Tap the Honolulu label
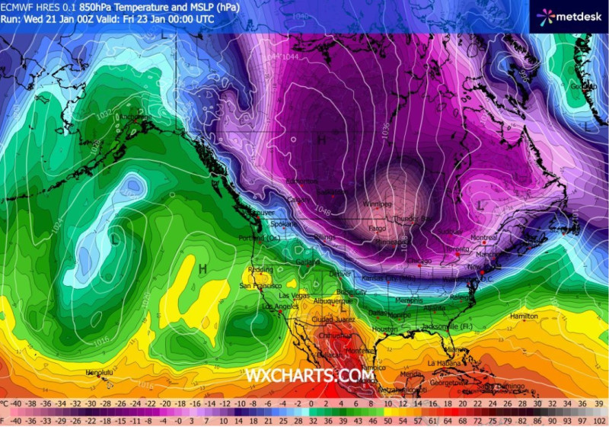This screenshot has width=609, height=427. pyautogui.click(x=98, y=372)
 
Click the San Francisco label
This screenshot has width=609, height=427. pyautogui.click(x=257, y=285)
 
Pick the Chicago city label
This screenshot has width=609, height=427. pyautogui.click(x=419, y=261)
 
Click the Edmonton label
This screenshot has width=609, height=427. pyautogui.click(x=301, y=181)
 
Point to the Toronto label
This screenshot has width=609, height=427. pyautogui.click(x=458, y=249)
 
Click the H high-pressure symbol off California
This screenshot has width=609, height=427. pyautogui.click(x=202, y=268)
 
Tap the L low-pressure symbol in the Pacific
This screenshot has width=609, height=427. pyautogui.click(x=113, y=239)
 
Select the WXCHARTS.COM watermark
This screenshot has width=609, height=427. pyautogui.click(x=309, y=375)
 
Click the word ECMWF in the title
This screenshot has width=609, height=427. pyautogui.click(x=18, y=7)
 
